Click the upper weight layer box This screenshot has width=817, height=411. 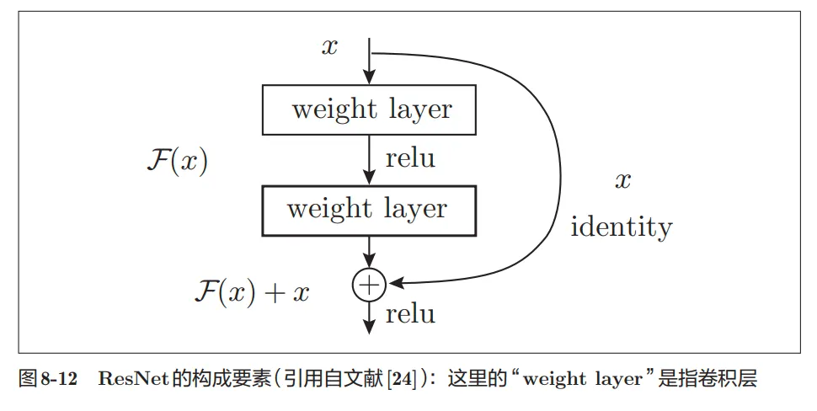(371, 109)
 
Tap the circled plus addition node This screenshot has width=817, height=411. (368, 286)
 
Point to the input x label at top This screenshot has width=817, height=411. (329, 46)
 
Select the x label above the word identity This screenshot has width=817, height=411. (622, 180)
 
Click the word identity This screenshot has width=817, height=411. (622, 227)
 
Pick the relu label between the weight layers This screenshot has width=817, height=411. (410, 157)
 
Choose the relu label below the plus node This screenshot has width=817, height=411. (410, 314)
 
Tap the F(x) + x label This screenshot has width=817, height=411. (251, 292)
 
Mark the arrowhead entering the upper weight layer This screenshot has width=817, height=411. (369, 78)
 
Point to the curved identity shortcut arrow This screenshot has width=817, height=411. (559, 168)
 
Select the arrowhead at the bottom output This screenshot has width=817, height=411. (369, 324)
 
